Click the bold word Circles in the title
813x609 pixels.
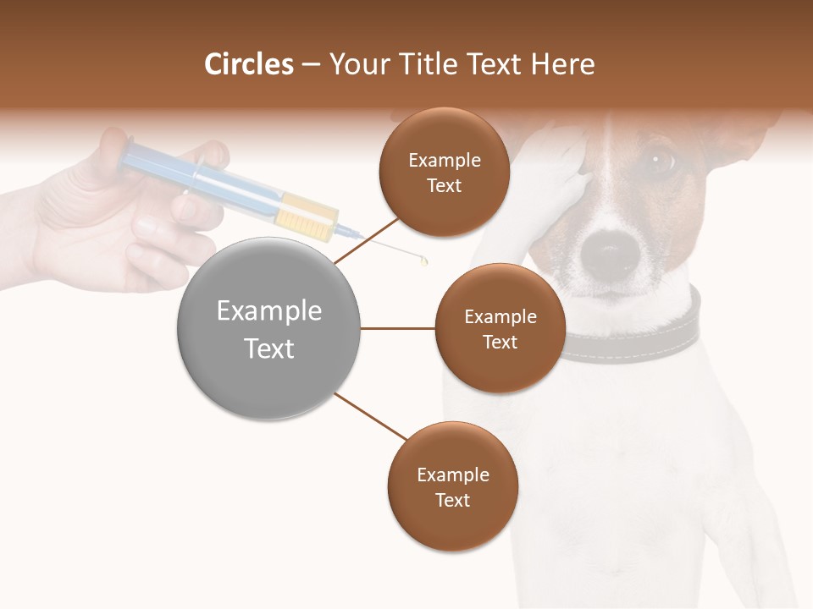(x=248, y=64)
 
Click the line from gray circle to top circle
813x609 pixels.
(x=366, y=240)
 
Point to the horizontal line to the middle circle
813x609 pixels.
(x=398, y=328)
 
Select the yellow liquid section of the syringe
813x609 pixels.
(x=307, y=215)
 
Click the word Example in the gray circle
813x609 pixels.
(x=268, y=311)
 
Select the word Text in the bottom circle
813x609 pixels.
(x=452, y=500)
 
